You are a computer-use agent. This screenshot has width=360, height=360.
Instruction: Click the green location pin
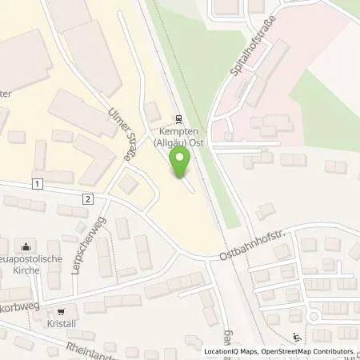(x=182, y=163)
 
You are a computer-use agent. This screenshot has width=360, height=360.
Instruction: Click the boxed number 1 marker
(x=38, y=184)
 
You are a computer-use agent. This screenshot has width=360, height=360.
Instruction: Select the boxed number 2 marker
(x=87, y=198)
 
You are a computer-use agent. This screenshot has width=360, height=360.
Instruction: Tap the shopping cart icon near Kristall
(x=59, y=314)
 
